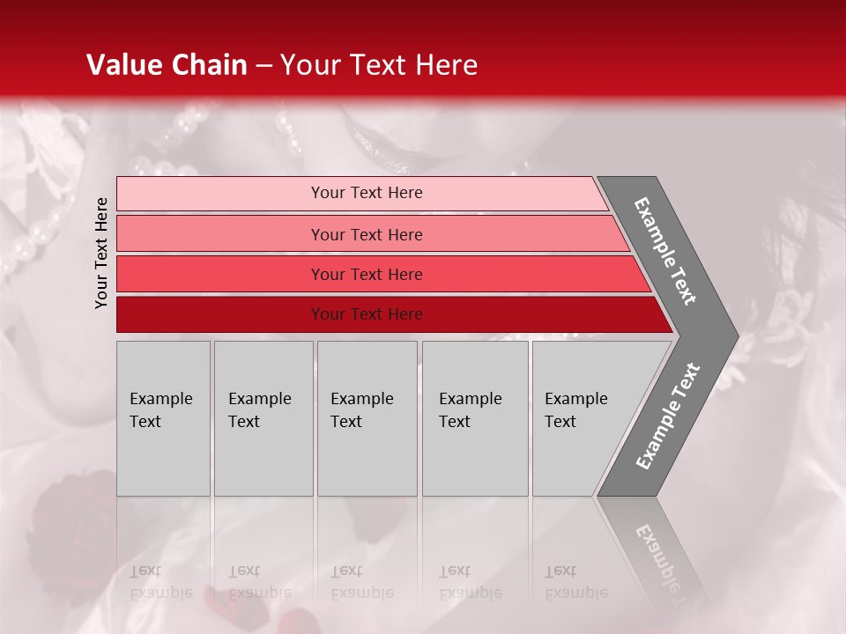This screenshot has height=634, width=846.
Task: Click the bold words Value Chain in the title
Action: pos(167,65)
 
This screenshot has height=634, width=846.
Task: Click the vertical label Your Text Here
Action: pos(101,253)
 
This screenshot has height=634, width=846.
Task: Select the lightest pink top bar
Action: pos(220,193)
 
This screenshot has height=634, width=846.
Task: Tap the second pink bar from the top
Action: pos(220,234)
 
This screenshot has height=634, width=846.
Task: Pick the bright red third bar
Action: pos(220,274)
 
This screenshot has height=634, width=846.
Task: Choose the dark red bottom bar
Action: pos(220,314)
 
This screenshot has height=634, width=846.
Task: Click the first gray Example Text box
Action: pos(163,418)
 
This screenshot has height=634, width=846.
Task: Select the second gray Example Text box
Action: pos(263,418)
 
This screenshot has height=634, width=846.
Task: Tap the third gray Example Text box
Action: pos(367,418)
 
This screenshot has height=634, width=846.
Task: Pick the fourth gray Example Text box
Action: pos(474,418)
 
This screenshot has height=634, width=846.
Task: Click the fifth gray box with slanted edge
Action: pos(582,418)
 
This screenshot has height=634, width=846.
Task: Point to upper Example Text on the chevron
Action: pos(665,251)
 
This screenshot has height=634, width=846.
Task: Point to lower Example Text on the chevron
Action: pos(667,417)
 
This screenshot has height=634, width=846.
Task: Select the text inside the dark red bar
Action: pos(367,314)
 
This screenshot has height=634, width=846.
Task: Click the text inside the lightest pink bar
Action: pos(367,193)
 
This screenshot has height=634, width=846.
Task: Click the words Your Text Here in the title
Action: pos(379,65)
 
